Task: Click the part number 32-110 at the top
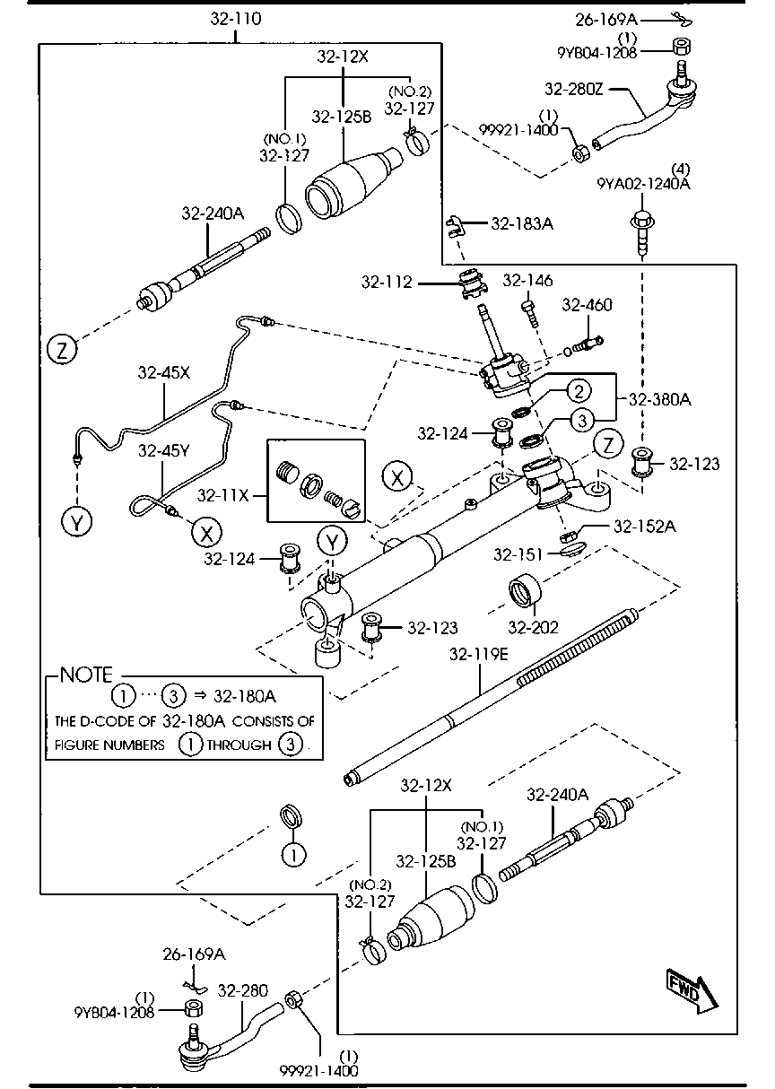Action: point(236,17)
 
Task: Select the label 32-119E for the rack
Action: point(479,655)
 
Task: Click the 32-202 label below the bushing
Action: point(534,627)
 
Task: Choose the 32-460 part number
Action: point(587,306)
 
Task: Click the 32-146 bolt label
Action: point(527,282)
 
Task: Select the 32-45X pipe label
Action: point(164,372)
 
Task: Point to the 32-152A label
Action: point(645,527)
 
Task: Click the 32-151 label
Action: point(517,555)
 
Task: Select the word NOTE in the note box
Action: point(86,675)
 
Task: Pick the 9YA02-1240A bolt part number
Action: point(644,184)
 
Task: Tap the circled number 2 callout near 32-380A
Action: point(579,390)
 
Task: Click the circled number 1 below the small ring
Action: point(292,853)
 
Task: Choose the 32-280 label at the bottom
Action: point(243,991)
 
